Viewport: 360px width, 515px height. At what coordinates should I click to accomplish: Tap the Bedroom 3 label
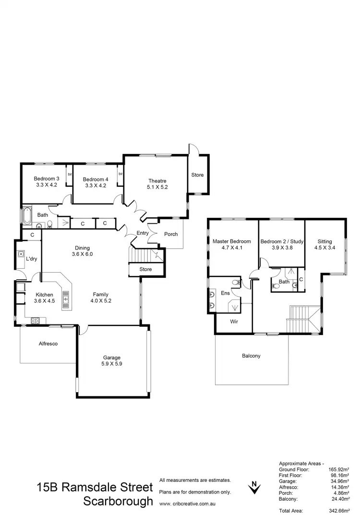[46, 179]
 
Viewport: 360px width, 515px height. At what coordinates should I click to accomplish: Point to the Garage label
[111, 358]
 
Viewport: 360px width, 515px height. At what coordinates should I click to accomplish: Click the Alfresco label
[49, 344]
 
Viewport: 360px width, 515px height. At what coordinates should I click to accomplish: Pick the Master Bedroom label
[231, 241]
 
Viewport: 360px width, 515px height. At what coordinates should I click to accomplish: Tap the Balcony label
[251, 356]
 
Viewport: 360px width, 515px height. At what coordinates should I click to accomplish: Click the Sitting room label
[324, 241]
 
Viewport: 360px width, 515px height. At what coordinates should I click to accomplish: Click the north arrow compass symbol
[254, 488]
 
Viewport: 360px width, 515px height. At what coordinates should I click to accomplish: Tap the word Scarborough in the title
[118, 502]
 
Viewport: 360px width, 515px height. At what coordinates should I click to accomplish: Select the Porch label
[171, 234]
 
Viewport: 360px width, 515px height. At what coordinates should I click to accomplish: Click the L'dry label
[32, 259]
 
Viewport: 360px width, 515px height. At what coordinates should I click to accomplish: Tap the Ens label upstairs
[225, 292]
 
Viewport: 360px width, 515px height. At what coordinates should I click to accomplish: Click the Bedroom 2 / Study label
[282, 241]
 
